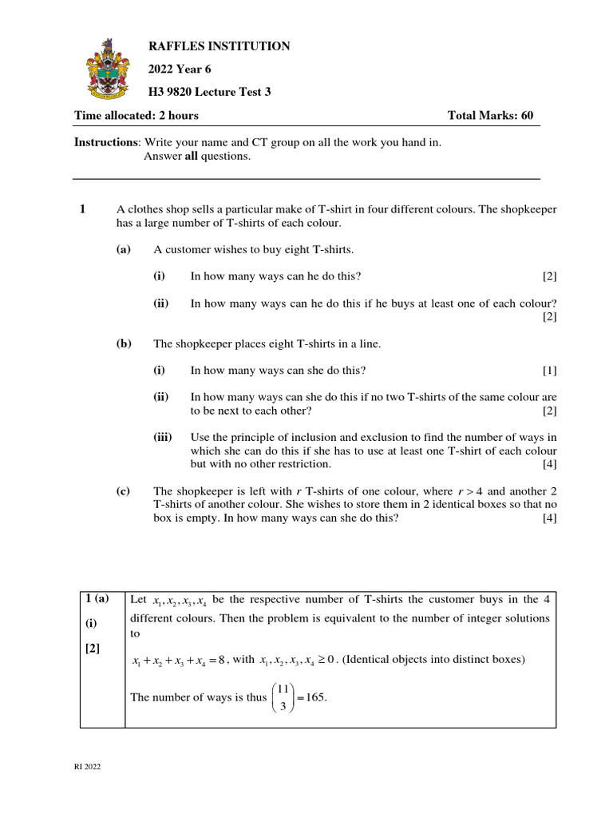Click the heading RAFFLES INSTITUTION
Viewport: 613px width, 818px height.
[219, 47]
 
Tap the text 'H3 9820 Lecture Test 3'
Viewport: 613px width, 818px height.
[210, 92]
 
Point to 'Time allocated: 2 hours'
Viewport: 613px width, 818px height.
[136, 116]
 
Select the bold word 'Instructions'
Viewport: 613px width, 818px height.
[107, 142]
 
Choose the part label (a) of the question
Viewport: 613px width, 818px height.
[123, 250]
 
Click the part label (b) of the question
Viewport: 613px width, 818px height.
[123, 344]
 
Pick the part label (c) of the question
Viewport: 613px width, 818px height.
[123, 491]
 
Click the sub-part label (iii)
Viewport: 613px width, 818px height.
[163, 438]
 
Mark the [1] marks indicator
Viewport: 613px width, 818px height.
[549, 371]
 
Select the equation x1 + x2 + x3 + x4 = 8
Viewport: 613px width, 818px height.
[179, 660]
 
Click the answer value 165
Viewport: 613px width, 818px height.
[314, 697]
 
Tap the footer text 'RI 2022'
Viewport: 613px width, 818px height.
[88, 768]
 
